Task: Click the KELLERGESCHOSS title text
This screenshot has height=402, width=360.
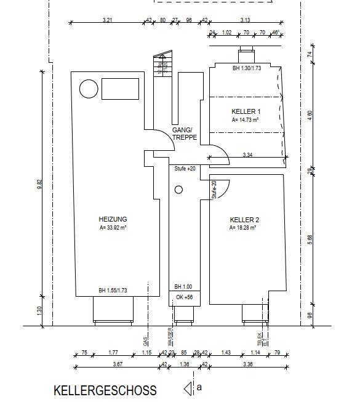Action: click(105, 390)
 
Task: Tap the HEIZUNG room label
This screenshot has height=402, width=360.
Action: click(113, 219)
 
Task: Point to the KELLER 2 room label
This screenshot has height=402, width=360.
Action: click(244, 220)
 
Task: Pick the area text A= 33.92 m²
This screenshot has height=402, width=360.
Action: click(113, 228)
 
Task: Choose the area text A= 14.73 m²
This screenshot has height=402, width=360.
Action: click(245, 121)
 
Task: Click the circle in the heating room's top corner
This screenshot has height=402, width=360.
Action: click(88, 89)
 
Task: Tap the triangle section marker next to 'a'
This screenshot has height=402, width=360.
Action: click(188, 388)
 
